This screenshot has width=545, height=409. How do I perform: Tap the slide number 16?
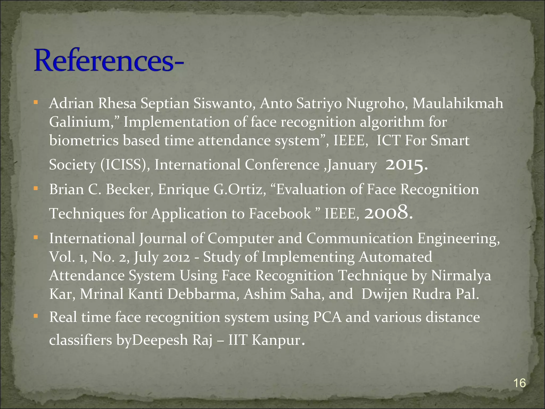(x=519, y=383)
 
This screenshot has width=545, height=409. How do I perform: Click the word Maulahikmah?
(x=458, y=104)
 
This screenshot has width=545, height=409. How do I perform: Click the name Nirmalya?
(x=461, y=276)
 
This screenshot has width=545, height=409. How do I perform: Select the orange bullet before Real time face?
(x=36, y=316)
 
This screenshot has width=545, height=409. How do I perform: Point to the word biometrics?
(x=84, y=141)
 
